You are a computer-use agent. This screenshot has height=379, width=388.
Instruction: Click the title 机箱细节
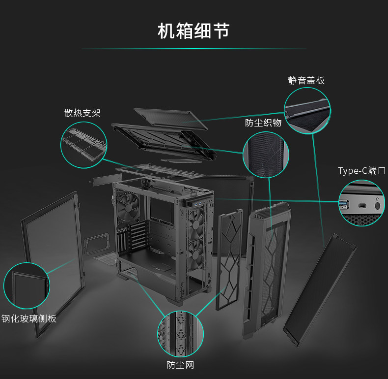pos(194,31)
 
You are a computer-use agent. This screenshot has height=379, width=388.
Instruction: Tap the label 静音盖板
pos(306,80)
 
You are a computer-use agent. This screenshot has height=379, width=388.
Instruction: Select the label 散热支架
pos(82,113)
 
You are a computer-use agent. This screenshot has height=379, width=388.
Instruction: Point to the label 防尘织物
pos(263,123)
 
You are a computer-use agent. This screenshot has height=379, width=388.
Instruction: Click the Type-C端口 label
pos(361,171)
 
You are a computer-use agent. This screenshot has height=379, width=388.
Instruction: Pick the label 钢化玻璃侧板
pos(29,318)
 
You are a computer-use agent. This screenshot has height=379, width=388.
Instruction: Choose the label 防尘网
pos(180,365)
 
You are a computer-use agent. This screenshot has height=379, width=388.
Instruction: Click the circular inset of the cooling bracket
pos(83,145)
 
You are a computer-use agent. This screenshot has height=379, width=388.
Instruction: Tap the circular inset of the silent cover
pos(307,111)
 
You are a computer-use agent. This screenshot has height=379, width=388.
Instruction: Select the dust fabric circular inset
pos(266,155)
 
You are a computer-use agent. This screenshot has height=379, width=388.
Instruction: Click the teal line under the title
pos(194,49)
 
